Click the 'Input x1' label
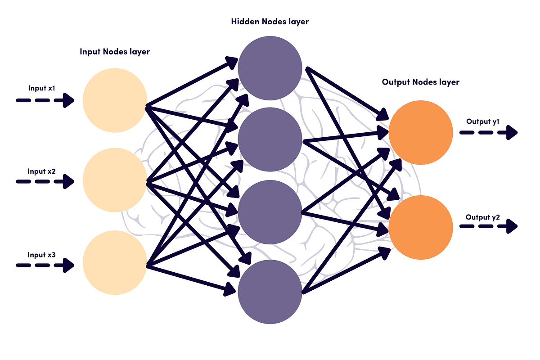[41, 88]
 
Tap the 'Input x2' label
[41, 171]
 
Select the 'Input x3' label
[41, 255]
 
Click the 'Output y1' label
[483, 121]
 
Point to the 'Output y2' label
[483, 217]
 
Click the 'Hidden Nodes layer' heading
[270, 21]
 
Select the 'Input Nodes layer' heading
[115, 52]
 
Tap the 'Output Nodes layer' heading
[421, 82]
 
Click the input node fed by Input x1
[115, 100]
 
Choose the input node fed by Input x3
[115, 263]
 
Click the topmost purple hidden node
[270, 68]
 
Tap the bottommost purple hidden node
[270, 292]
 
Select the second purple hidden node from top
[270, 140]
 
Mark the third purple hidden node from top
[270, 212]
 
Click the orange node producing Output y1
[421, 132]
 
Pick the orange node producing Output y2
[421, 227]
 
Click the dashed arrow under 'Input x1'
[45, 100]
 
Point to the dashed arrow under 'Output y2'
[488, 226]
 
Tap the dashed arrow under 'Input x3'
[45, 265]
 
